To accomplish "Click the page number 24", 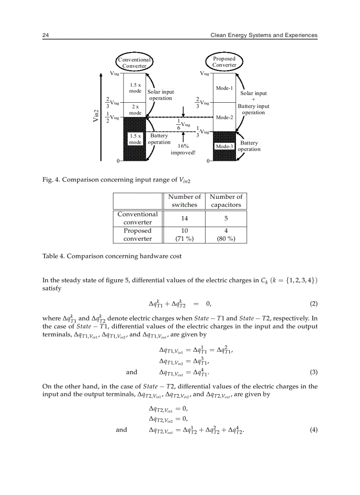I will [x=45, y=35].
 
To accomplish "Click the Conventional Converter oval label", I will [x=134, y=63].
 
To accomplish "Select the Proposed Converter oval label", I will [x=224, y=62].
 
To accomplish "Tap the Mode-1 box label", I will [x=224, y=88].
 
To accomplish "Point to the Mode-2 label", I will [x=224, y=117].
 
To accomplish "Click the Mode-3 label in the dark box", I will [x=224, y=146].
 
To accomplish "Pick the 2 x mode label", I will [x=135, y=110].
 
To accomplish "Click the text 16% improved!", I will [x=183, y=149].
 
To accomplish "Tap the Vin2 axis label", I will [x=96, y=118].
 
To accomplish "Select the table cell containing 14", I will [x=184, y=218].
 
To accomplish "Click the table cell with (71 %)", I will [x=184, y=238].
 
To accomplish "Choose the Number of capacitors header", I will [x=226, y=201].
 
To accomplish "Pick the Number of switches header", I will [x=184, y=201].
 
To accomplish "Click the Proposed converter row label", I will [x=137, y=234].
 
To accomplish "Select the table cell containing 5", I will [x=226, y=218].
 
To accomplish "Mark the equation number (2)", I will [x=313, y=304].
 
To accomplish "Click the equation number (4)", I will [x=313, y=430].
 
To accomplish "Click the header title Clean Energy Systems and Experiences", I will [x=264, y=35].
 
